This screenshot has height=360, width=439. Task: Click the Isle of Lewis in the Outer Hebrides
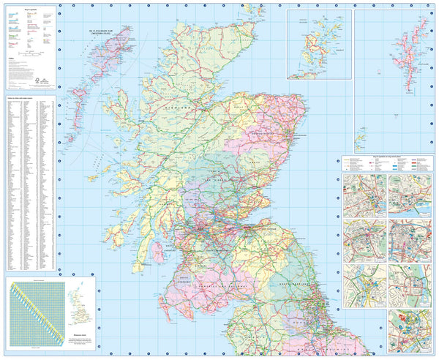click(x=106, y=48)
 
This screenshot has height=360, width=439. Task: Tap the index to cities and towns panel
click(x=29, y=183)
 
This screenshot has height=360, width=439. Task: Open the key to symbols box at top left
click(x=29, y=44)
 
